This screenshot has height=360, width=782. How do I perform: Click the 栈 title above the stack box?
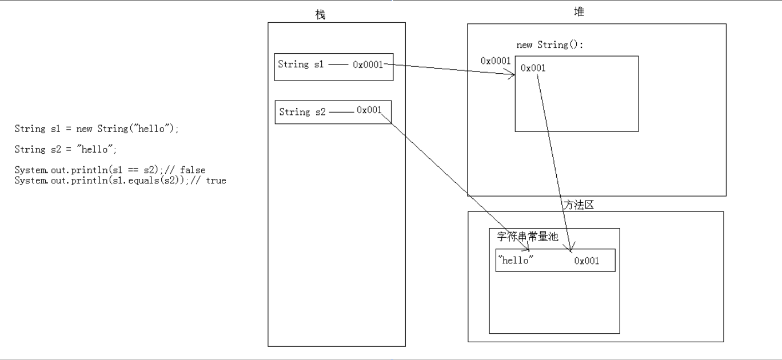pyautogui.click(x=320, y=15)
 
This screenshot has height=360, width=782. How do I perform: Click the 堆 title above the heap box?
pyautogui.click(x=579, y=12)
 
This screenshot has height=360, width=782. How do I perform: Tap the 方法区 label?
pyautogui.click(x=578, y=205)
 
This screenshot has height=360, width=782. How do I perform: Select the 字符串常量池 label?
pyautogui.click(x=527, y=237)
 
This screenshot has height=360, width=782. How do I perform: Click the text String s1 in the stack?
pyautogui.click(x=301, y=65)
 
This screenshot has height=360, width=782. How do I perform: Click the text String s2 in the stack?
pyautogui.click(x=302, y=112)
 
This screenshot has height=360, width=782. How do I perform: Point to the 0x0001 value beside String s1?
pyautogui.click(x=368, y=65)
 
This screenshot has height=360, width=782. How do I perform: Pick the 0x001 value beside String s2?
pyautogui.click(x=369, y=110)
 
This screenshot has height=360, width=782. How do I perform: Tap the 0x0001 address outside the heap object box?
pyautogui.click(x=495, y=61)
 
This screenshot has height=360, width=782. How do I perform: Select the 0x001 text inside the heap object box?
pyautogui.click(x=533, y=68)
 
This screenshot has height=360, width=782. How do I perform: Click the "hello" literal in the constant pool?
pyautogui.click(x=516, y=260)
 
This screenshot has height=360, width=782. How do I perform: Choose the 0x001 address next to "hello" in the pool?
pyautogui.click(x=586, y=261)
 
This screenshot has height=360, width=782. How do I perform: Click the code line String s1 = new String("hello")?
pyautogui.click(x=97, y=129)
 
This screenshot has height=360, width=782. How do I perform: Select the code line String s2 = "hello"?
pyautogui.click(x=66, y=150)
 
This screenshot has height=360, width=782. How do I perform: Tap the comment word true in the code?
pyautogui.click(x=216, y=181)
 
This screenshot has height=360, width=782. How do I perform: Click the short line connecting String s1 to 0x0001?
pyautogui.click(x=338, y=65)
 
